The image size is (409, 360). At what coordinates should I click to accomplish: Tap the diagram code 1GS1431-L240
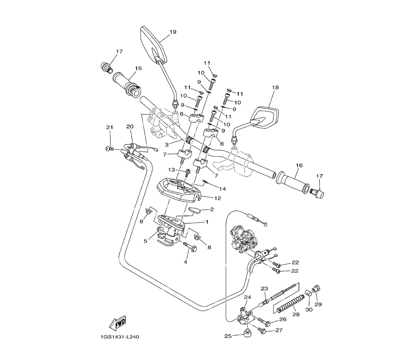coord(120,337)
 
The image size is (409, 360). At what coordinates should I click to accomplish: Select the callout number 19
coord(173,32)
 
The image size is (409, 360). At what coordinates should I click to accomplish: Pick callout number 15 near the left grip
coord(138,68)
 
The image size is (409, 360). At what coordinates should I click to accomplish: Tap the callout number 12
coord(218,198)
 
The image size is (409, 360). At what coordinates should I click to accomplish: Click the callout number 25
coord(228,336)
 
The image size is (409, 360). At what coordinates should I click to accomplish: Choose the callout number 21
coord(110,127)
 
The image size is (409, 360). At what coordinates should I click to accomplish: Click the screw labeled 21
coord(110,148)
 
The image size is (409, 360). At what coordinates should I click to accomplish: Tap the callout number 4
coord(185,262)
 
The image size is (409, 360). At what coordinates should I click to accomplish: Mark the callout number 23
coord(264,288)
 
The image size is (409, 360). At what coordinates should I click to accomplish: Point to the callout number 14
coord(222,189)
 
